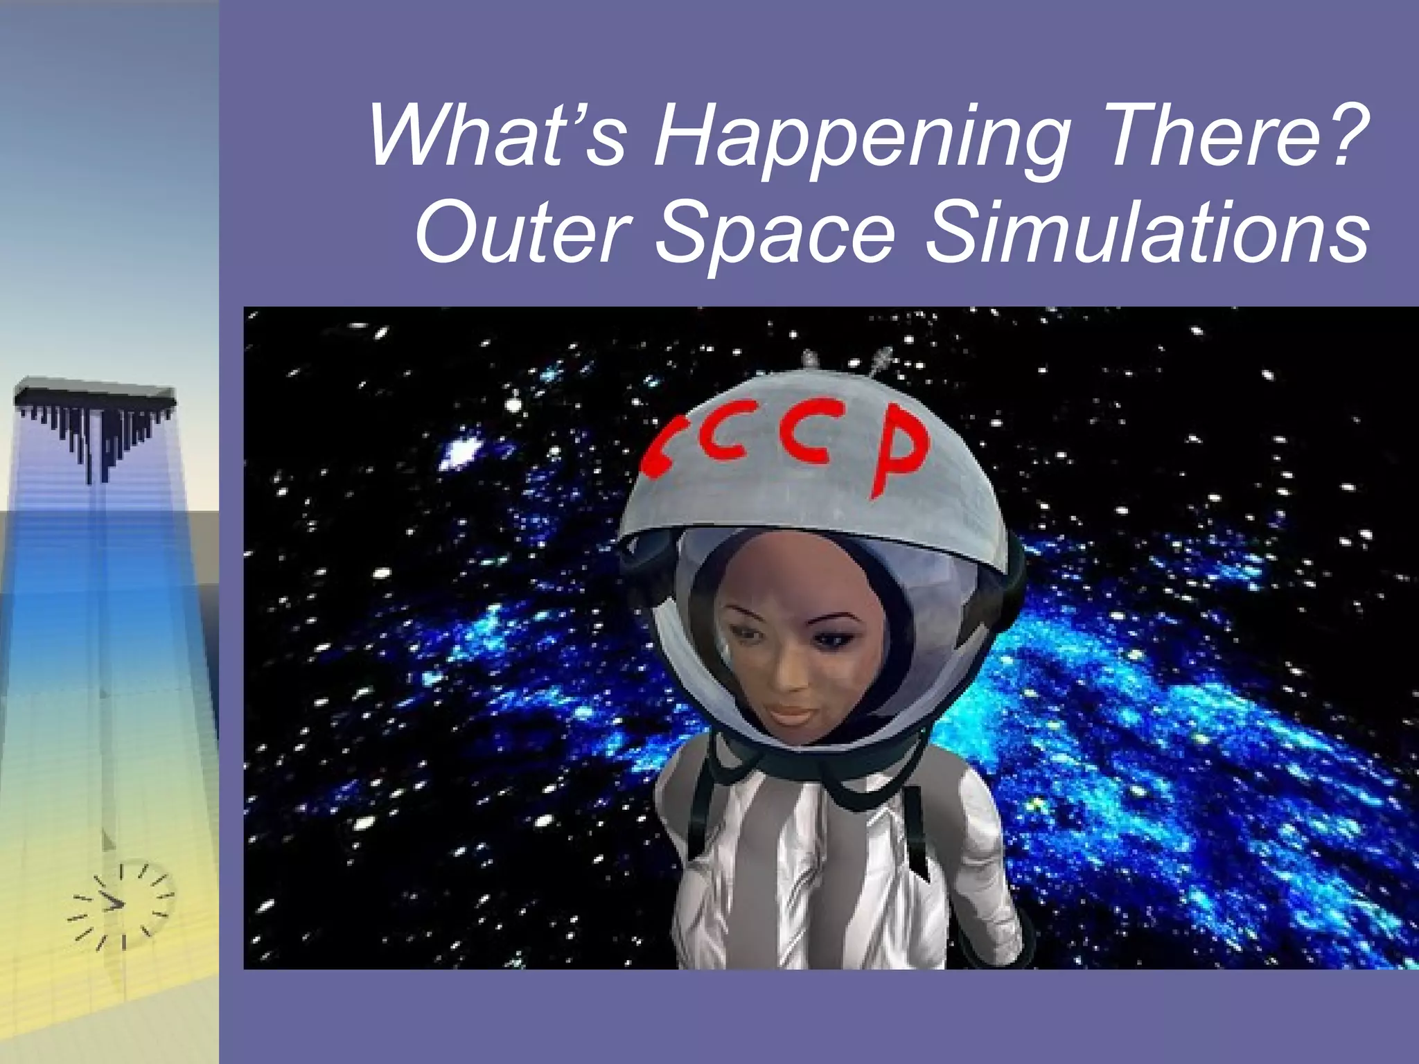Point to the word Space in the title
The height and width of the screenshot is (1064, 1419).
(775, 234)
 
